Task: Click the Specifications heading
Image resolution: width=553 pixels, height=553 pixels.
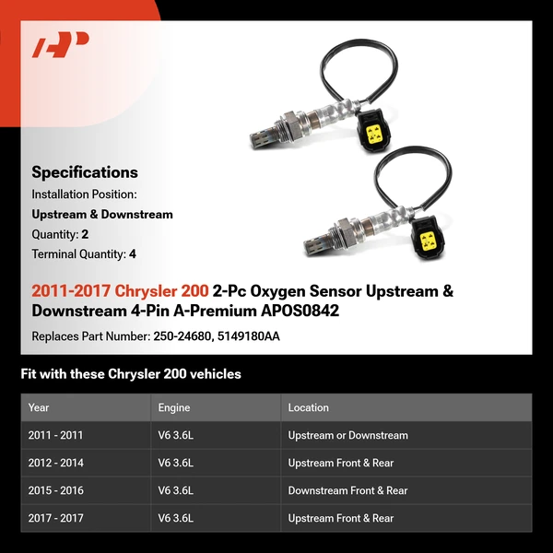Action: coord(85,172)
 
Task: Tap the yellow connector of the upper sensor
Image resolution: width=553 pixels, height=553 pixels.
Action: coord(375,135)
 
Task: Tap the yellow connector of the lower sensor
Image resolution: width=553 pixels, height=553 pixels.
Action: coord(429,240)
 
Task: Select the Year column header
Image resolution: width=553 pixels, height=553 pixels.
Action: coord(39,407)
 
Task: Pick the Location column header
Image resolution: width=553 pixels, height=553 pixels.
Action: coord(308,407)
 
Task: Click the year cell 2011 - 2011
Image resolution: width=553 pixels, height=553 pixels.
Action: coord(55,435)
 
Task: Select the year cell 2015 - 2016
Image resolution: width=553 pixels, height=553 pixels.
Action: coord(55,490)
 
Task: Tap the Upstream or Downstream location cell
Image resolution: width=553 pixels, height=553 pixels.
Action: coord(347,435)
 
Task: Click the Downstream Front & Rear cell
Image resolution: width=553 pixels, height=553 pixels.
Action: coord(347,490)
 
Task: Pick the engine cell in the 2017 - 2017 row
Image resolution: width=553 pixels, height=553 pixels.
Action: coord(176,518)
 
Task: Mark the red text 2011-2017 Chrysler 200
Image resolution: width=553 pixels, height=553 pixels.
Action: coord(120,291)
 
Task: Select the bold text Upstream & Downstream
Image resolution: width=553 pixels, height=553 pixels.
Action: coord(102,215)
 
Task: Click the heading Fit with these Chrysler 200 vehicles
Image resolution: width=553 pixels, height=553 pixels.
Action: coord(131,374)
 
